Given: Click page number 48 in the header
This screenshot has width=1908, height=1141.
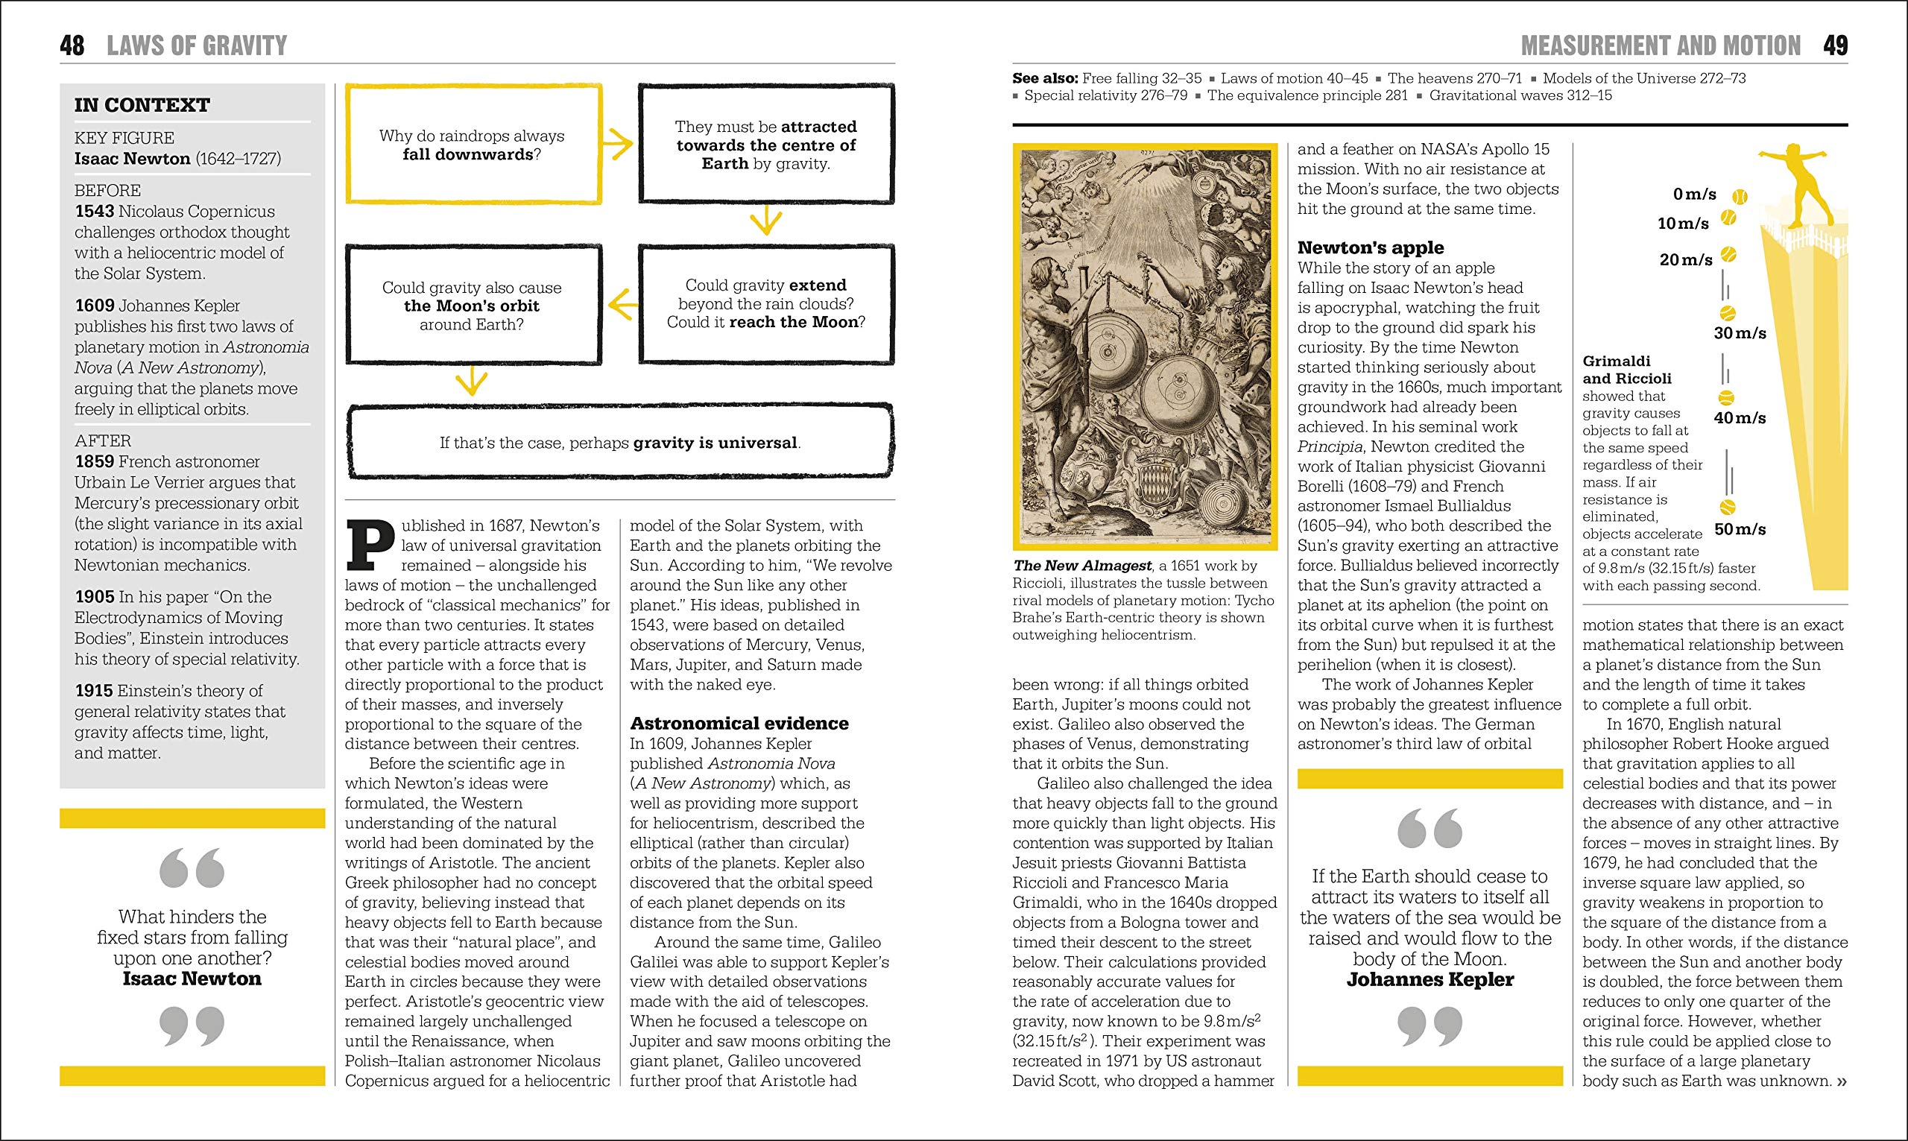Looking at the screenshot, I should click(72, 45).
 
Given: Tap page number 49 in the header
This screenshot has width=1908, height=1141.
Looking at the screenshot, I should click(1835, 45).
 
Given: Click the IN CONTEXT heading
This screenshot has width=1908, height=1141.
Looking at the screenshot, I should click(142, 104).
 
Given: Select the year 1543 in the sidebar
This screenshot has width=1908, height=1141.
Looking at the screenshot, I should click(94, 212).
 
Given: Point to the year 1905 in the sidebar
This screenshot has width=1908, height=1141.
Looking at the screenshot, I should click(94, 597).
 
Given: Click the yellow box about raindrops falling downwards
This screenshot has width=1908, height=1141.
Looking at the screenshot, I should click(473, 145).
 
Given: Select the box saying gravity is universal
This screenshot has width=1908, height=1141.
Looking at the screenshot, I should click(619, 442).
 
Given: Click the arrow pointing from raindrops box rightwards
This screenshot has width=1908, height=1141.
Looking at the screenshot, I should click(617, 144).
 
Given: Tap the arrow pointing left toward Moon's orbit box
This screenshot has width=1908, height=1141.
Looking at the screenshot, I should click(622, 306).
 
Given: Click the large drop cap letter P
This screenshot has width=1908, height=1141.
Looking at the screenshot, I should click(370, 546).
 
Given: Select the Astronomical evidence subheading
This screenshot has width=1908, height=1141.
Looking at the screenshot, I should click(739, 723).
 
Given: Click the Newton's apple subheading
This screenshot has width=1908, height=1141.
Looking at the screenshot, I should click(1370, 247).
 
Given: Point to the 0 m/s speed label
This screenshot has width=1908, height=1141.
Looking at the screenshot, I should click(1694, 195).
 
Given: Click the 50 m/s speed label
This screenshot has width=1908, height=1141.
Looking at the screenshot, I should click(1740, 529).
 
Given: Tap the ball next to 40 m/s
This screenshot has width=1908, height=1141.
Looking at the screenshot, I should click(1726, 398).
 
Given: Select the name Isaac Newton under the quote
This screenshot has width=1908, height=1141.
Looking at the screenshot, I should click(192, 979).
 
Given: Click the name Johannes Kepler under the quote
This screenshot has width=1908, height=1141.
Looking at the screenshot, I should click(1430, 979).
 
